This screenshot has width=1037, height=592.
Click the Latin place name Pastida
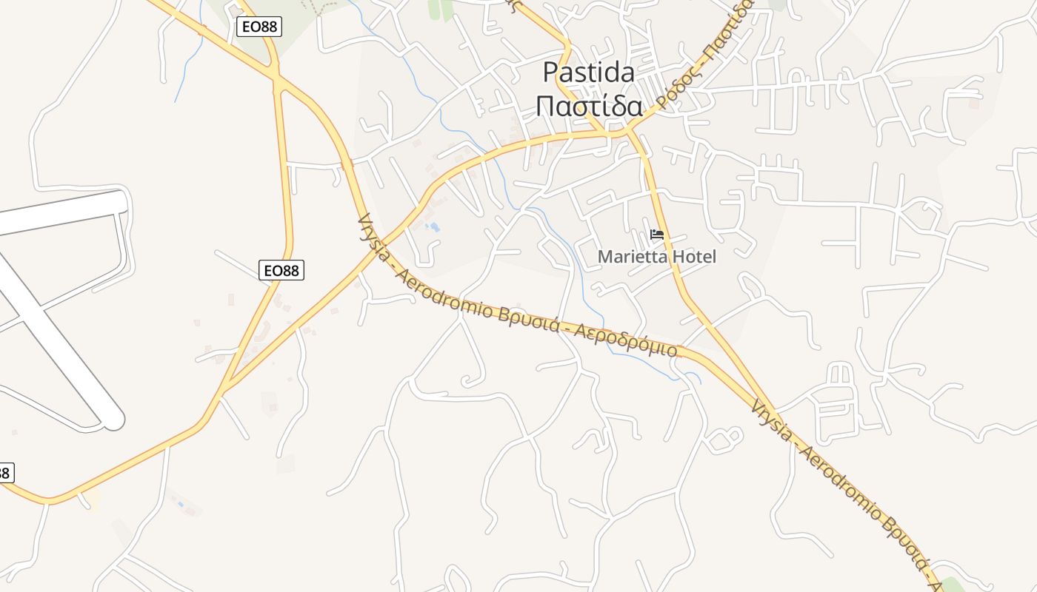589,73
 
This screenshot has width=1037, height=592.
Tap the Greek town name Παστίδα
589,107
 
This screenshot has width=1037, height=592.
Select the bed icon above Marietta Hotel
656,235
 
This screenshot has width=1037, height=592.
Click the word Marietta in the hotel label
630,258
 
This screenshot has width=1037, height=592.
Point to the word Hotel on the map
692,258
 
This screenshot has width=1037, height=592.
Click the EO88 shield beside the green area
259,27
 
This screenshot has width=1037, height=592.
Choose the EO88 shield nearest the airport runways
281,271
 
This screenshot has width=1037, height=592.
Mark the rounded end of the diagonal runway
114,420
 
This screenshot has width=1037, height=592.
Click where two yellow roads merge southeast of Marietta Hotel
770,395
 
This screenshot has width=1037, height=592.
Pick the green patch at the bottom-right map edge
952,585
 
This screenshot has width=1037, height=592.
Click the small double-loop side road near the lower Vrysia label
722,440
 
